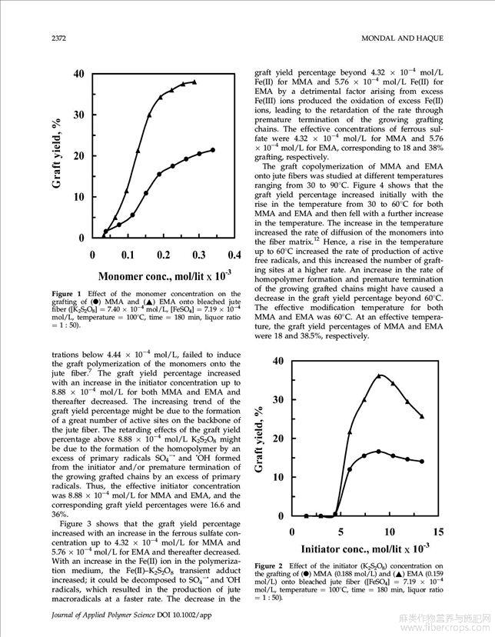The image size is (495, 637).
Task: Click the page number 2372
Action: tap(61, 38)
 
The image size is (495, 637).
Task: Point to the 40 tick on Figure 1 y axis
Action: tap(79, 74)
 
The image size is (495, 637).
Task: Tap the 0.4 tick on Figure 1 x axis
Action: tap(234, 255)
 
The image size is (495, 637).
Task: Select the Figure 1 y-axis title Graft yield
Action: tap(58, 155)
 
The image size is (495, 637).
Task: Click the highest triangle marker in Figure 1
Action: tap(194, 82)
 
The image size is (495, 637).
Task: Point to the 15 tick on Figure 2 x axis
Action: tap(438, 532)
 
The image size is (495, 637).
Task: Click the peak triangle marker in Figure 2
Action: tap(379, 375)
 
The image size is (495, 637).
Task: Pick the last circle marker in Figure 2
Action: tap(421, 462)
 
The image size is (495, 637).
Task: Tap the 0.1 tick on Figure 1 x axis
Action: tap(128, 255)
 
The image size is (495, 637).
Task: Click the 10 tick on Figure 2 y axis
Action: tap(278, 477)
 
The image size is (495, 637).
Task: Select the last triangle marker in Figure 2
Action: tap(421, 416)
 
